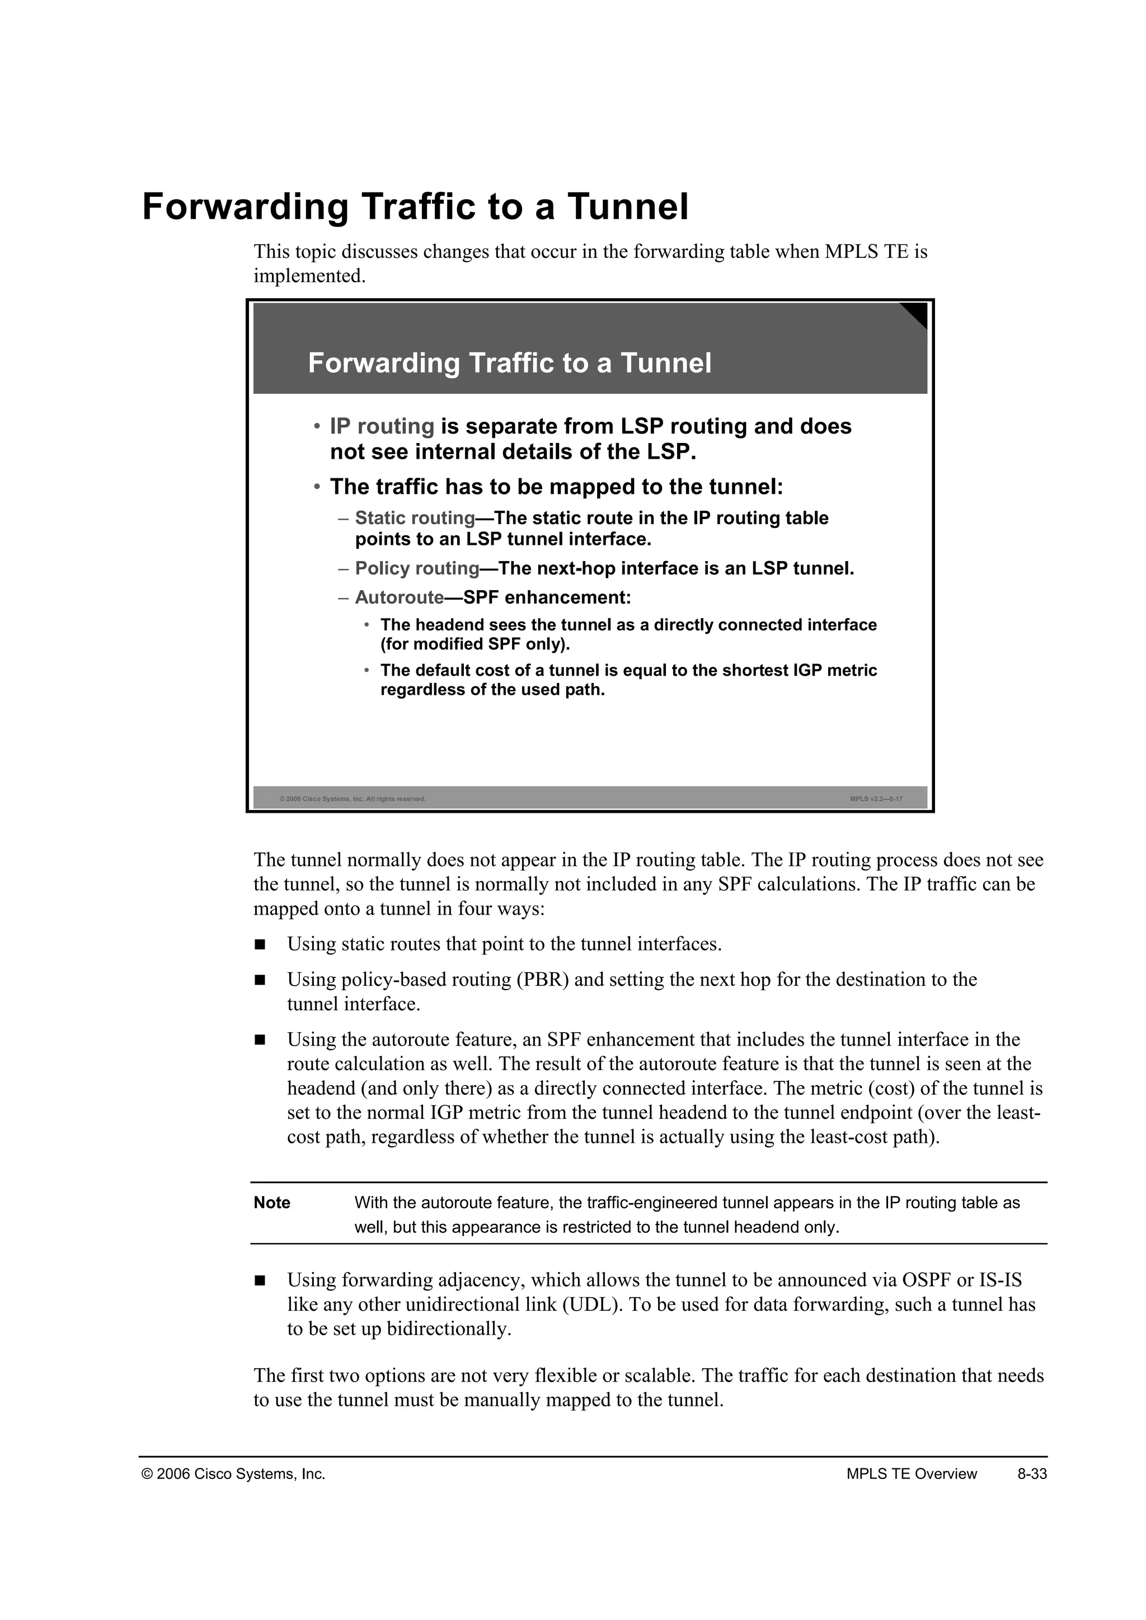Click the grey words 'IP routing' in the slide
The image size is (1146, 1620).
(382, 426)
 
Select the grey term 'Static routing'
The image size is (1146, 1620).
(415, 518)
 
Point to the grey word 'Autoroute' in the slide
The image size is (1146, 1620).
(399, 597)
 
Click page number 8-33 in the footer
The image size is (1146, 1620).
(1032, 1474)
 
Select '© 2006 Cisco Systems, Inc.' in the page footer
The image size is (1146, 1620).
(233, 1474)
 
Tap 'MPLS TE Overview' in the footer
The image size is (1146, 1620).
(911, 1474)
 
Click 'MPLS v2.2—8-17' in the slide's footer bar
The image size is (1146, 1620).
(876, 799)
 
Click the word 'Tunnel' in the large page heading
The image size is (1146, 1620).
(627, 207)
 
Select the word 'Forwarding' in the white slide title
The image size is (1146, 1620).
(384, 364)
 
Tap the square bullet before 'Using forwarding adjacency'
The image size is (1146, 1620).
(260, 1280)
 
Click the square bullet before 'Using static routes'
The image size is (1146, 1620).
(260, 944)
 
